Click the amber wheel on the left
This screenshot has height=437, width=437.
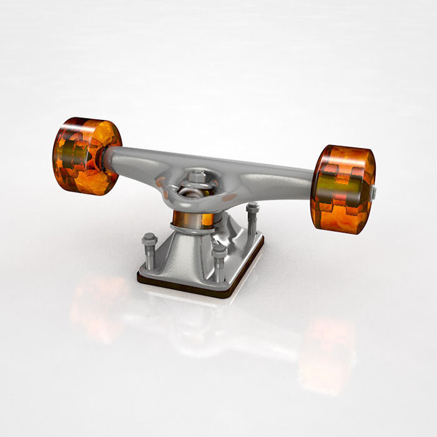point(87,156)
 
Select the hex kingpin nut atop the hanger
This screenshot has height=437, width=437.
point(198,177)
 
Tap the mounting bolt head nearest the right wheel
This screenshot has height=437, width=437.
point(252,207)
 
